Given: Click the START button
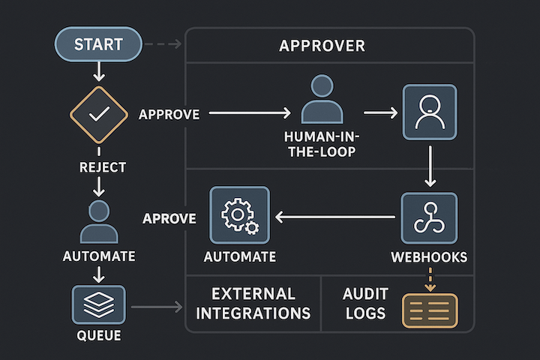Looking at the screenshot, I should pyautogui.click(x=97, y=44).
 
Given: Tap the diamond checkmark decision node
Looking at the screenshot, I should pyautogui.click(x=99, y=115).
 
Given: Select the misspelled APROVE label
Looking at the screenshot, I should pyautogui.click(x=169, y=218).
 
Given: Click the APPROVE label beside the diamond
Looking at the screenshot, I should pyautogui.click(x=169, y=115).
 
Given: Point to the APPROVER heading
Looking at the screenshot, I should pyautogui.click(x=322, y=46).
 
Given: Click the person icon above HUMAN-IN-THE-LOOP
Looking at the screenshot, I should pyautogui.click(x=322, y=99).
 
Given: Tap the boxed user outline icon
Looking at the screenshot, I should pyautogui.click(x=430, y=112).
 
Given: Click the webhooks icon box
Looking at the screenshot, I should pyautogui.click(x=429, y=217).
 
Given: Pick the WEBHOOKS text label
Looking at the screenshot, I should pyautogui.click(x=430, y=257).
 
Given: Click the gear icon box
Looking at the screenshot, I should pyautogui.click(x=239, y=216).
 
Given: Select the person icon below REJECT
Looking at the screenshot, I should pyautogui.click(x=98, y=222).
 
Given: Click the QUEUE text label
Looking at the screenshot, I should pyautogui.click(x=98, y=334).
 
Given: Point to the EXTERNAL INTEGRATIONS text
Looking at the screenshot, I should pyautogui.click(x=253, y=303).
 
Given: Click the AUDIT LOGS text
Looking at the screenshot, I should pyautogui.click(x=364, y=303).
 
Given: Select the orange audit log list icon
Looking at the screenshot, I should pyautogui.click(x=430, y=310).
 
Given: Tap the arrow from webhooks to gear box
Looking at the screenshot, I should pyautogui.click(x=334, y=217).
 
